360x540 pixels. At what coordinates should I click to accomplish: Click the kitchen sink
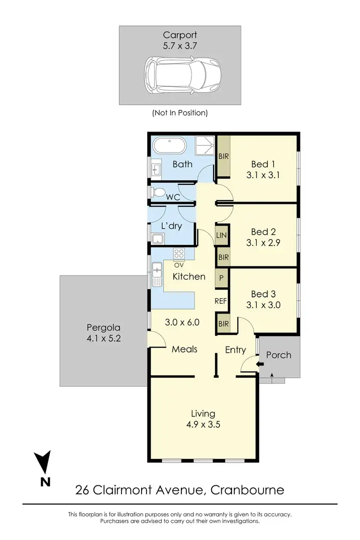point(157,274)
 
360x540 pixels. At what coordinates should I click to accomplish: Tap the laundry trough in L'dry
point(157,239)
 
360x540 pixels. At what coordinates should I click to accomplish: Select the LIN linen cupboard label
point(222,235)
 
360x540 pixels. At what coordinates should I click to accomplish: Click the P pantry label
point(222,278)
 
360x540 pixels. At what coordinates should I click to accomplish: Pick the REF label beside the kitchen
point(221,301)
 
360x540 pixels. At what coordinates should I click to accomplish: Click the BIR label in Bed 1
point(223,156)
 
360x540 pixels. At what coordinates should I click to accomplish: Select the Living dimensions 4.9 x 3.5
point(203,424)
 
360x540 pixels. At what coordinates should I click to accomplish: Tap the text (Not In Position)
point(180,113)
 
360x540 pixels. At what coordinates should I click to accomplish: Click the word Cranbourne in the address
point(248,490)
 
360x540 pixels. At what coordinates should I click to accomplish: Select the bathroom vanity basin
point(157,169)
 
